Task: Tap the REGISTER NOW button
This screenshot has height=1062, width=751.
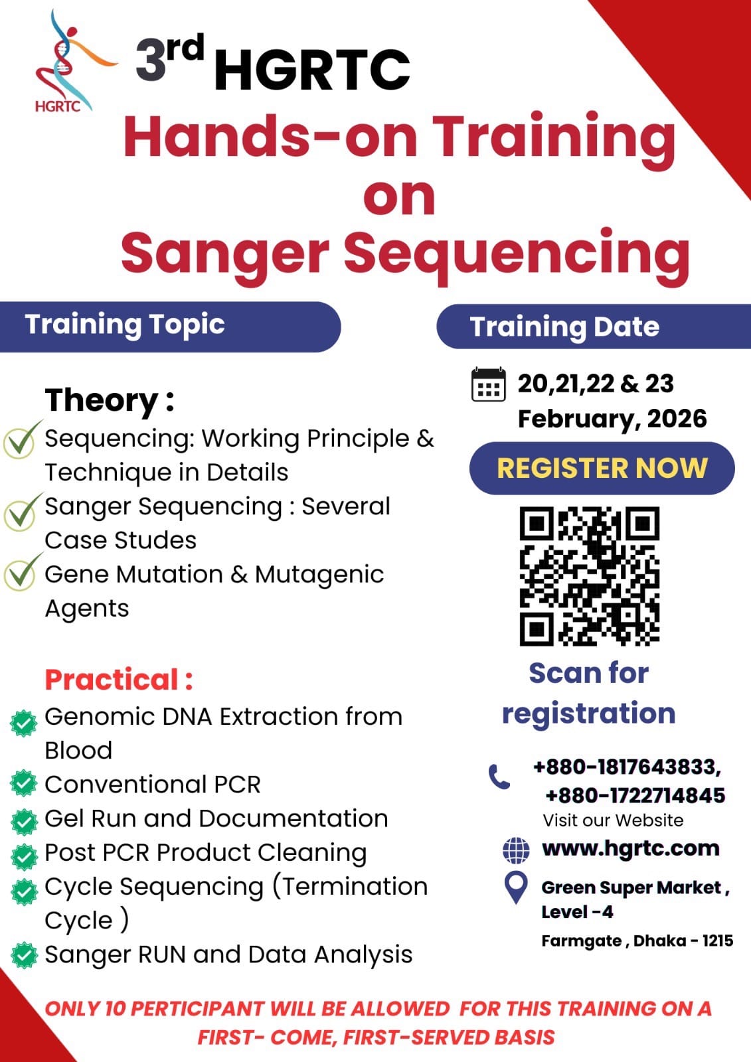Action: click(602, 469)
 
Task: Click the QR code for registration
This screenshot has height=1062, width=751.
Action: click(590, 576)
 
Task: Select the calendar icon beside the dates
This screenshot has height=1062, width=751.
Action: click(488, 384)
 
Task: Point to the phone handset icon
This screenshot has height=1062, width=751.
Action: click(499, 777)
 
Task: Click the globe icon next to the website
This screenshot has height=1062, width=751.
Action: click(516, 850)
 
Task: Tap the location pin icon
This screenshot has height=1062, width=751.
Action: click(516, 887)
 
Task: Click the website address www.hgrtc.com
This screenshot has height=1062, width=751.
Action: click(631, 849)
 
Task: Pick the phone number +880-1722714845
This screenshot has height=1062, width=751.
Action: click(635, 796)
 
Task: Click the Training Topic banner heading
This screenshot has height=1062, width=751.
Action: click(125, 325)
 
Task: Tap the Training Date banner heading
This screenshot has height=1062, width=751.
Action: click(564, 327)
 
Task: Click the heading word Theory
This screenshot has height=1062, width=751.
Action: click(102, 401)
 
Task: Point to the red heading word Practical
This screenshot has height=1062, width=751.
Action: click(112, 680)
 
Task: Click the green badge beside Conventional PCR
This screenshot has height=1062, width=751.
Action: click(24, 784)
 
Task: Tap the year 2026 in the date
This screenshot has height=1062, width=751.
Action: click(677, 419)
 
